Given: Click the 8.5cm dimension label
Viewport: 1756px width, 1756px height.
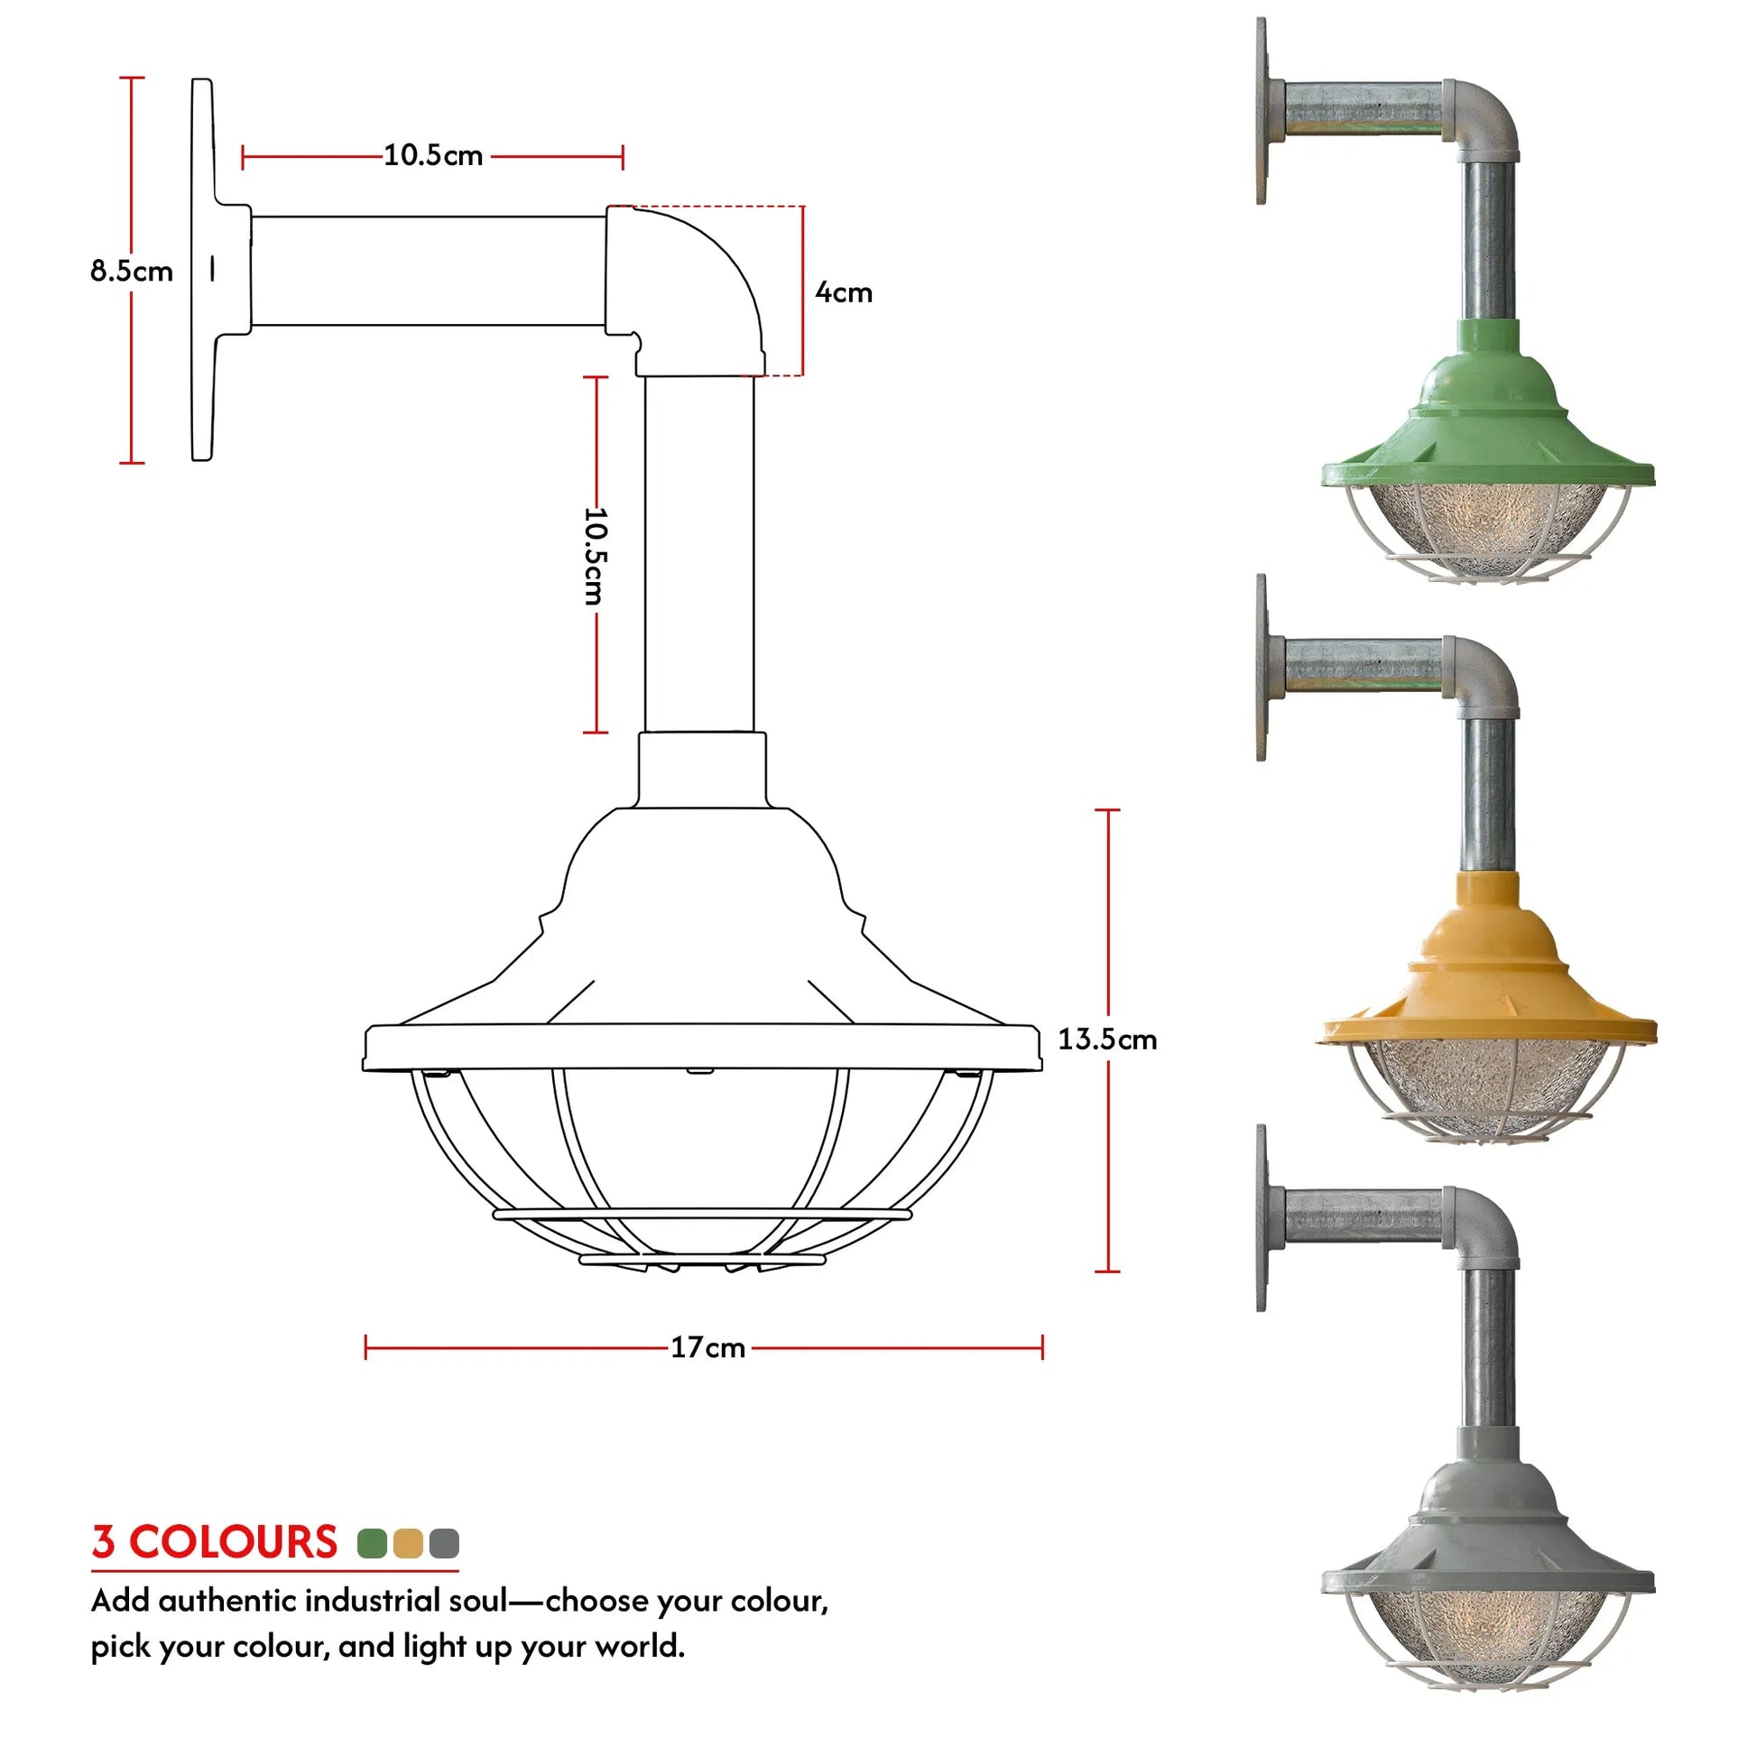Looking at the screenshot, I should point(131,271).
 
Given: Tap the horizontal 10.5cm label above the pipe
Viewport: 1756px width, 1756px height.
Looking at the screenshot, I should point(432,155).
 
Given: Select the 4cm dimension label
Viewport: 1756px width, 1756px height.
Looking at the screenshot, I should point(843,292).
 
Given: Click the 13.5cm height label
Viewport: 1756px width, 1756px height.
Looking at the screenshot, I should point(1106,1039).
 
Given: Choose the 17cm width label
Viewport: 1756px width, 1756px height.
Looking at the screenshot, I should point(707,1347).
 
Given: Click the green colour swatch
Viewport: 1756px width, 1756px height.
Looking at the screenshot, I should point(373,1542).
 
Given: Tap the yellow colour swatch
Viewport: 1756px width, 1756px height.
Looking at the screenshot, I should point(408,1542).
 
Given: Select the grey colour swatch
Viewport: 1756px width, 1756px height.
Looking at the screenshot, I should point(444,1542).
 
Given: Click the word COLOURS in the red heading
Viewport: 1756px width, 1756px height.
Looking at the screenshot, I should point(233,1542).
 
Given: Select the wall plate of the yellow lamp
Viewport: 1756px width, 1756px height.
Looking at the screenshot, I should point(1262,668).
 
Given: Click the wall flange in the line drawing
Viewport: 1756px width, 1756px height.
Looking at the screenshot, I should point(204,270).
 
